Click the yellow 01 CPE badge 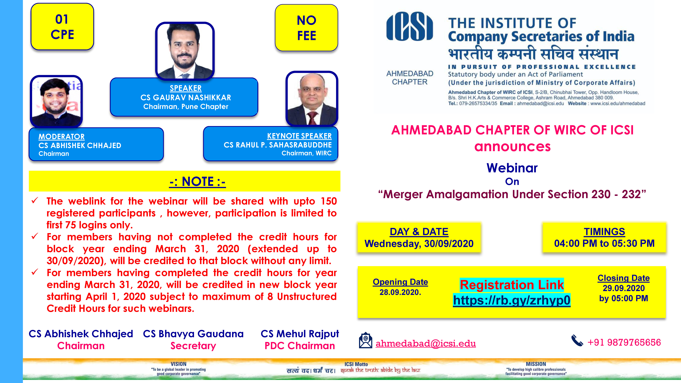(x=62, y=26)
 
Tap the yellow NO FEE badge (x=306, y=27)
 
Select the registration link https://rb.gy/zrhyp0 (x=512, y=300)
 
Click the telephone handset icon (x=577, y=340)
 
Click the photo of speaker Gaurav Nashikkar (x=185, y=51)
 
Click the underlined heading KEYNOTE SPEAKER (x=299, y=136)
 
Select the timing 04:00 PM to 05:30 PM (x=604, y=243)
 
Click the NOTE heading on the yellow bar (x=197, y=182)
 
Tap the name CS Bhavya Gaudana (x=193, y=334)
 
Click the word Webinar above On (x=512, y=168)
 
